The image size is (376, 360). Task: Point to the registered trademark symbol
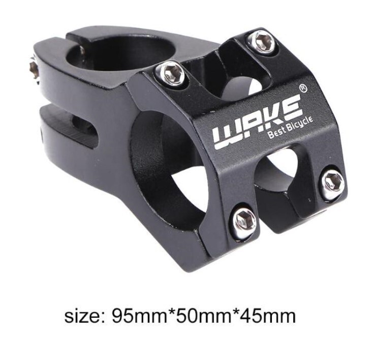point(303,88)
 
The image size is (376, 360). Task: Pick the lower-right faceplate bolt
point(333,183)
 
